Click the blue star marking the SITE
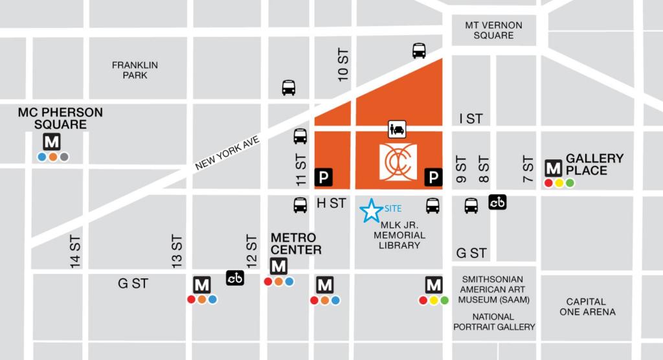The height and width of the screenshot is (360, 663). pyautogui.click(x=371, y=210)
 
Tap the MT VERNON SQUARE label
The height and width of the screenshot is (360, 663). pyautogui.click(x=493, y=30)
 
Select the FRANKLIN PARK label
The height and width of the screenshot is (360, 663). pyautogui.click(x=135, y=70)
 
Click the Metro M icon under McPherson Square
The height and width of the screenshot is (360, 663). pyautogui.click(x=52, y=142)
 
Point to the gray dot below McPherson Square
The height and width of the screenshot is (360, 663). pyautogui.click(x=63, y=157)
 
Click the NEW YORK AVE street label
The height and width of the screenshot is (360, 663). pyautogui.click(x=227, y=153)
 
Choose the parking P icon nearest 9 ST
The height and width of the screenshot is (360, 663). pyautogui.click(x=433, y=176)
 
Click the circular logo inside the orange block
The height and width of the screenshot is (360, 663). pyautogui.click(x=398, y=163)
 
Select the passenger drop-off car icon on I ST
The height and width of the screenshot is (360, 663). pyautogui.click(x=397, y=129)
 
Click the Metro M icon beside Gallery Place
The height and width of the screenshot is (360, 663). pyautogui.click(x=554, y=168)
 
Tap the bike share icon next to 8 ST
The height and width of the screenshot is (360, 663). pyautogui.click(x=497, y=202)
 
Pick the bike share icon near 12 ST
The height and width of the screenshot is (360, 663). pyautogui.click(x=235, y=278)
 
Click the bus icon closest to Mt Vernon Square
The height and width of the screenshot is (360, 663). pyautogui.click(x=419, y=51)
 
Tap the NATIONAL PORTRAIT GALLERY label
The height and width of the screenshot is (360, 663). pyautogui.click(x=493, y=321)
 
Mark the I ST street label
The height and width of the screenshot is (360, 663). pyautogui.click(x=471, y=118)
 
